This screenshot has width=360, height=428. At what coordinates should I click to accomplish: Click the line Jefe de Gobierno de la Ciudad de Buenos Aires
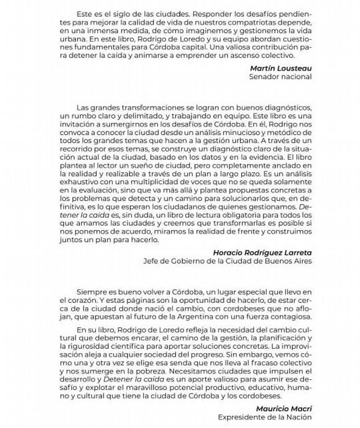tap(227, 260)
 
